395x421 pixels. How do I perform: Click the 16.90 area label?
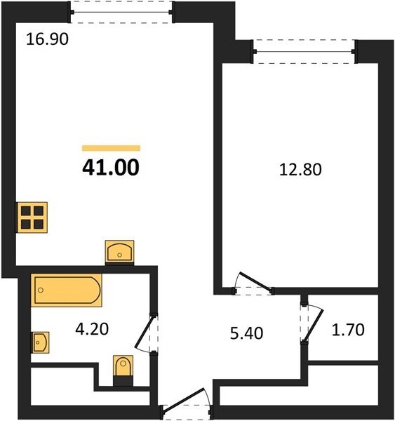click(x=47, y=39)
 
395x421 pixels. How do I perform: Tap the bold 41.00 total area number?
click(x=111, y=167)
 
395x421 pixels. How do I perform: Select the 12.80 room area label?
click(x=300, y=170)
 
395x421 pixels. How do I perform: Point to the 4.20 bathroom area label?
click(x=92, y=329)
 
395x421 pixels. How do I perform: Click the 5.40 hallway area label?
click(x=246, y=333)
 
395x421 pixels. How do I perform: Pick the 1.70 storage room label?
click(x=348, y=330)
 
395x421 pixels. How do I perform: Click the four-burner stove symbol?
click(x=32, y=218)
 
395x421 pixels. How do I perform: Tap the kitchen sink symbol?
click(x=119, y=251)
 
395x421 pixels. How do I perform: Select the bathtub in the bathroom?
click(x=67, y=290)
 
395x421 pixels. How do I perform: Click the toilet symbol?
click(x=123, y=366)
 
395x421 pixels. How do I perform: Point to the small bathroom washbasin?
click(x=40, y=342)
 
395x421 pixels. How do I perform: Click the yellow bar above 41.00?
click(x=111, y=148)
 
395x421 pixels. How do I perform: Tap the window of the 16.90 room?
click(x=121, y=12)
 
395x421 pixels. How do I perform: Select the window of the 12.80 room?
click(x=304, y=51)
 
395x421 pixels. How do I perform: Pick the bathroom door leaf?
click(x=145, y=331)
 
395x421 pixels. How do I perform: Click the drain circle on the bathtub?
click(x=41, y=290)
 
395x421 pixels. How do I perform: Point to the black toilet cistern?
click(x=123, y=381)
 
